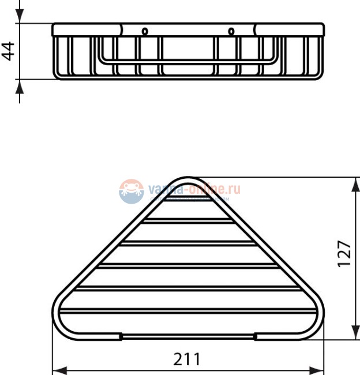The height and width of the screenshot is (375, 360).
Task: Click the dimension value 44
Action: tap(8, 51)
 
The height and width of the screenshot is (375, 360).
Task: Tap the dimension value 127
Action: tap(344, 253)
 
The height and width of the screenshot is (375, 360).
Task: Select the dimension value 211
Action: tap(187, 359)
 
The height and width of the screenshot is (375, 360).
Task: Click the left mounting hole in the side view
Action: tap(145, 31)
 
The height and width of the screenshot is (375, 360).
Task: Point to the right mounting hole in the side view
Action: tap(231, 31)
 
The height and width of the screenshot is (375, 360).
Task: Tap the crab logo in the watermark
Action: tap(132, 191)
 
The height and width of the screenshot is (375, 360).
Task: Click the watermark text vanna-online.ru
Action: tap(194, 189)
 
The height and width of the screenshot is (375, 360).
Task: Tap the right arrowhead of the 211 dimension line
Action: tap(319, 369)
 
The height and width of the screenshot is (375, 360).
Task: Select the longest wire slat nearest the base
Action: tap(187, 311)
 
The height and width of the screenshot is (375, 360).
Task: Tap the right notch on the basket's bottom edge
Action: tap(254, 335)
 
